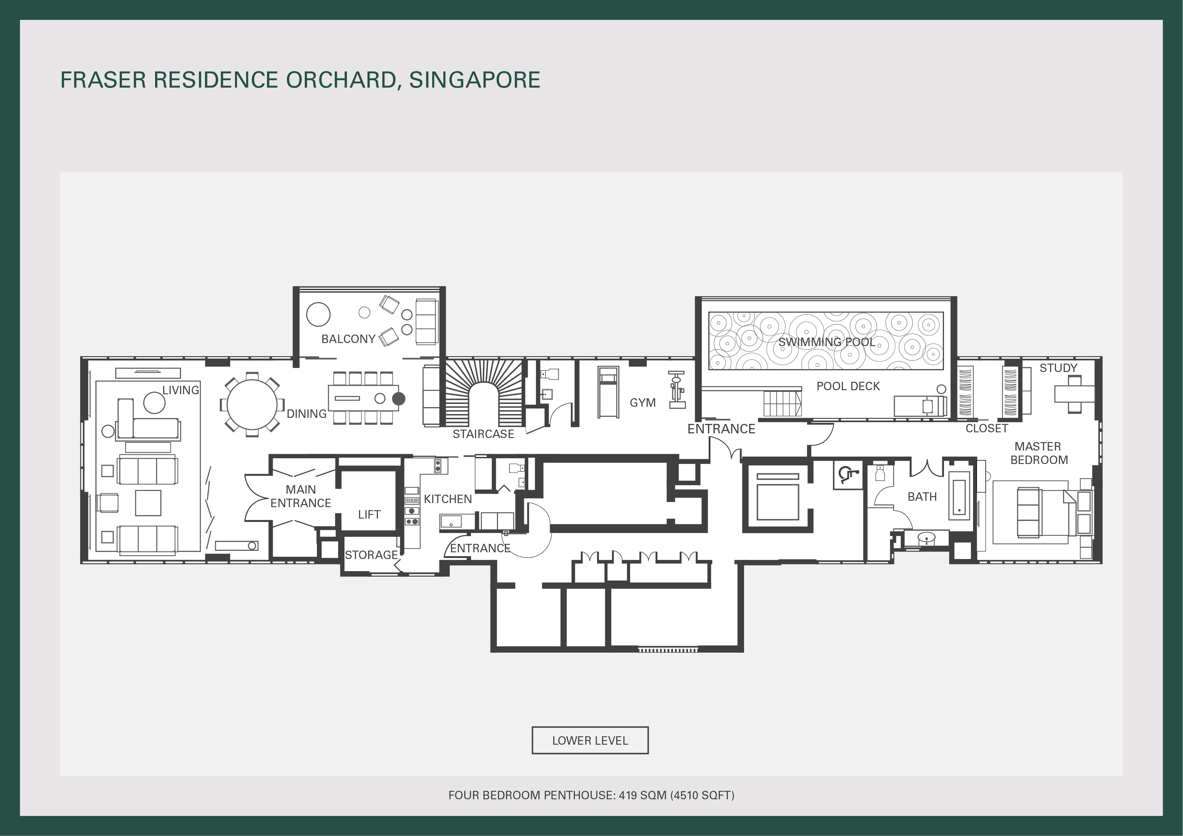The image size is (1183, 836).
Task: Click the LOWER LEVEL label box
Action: (x=590, y=740)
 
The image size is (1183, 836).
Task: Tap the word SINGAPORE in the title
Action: (x=475, y=80)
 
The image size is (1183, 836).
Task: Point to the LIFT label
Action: (x=369, y=514)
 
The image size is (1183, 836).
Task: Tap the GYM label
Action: (x=643, y=403)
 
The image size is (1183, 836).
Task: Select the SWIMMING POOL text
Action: (x=826, y=342)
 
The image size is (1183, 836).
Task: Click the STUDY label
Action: (x=1058, y=368)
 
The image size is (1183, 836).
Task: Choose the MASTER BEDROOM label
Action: (x=1039, y=453)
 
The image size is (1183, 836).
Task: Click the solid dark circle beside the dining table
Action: (x=399, y=398)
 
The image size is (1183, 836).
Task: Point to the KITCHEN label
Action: (x=448, y=499)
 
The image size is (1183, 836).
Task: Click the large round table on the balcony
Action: (x=318, y=314)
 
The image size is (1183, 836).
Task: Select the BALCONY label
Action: (x=348, y=339)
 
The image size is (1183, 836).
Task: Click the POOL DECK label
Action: (x=848, y=386)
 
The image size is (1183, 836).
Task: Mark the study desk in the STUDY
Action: (x=1074, y=394)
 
